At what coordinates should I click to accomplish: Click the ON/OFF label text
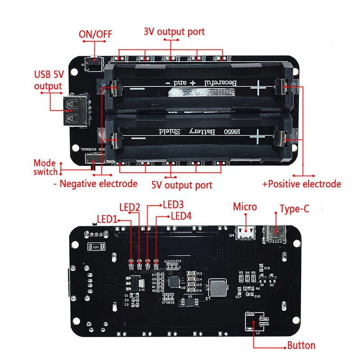[x=95, y=34]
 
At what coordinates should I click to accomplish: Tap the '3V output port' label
[x=174, y=32]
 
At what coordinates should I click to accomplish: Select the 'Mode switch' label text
[x=45, y=167]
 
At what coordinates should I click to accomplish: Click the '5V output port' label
[x=182, y=184]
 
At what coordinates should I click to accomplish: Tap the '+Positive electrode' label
[x=301, y=184]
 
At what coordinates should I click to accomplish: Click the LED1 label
[x=107, y=219]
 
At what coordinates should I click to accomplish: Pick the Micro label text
[x=245, y=207]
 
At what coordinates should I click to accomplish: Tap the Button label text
[x=301, y=346]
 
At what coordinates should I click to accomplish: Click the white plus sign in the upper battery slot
[x=258, y=87]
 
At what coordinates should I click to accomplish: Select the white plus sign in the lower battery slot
[x=258, y=135]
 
